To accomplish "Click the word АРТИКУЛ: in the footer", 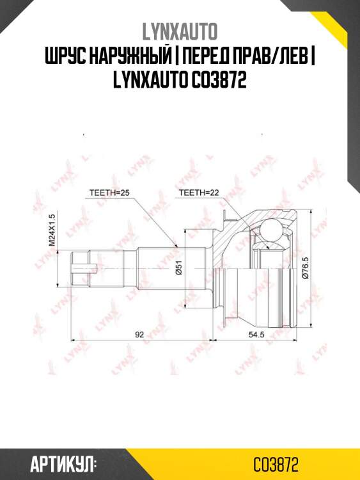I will pos(63,463).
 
